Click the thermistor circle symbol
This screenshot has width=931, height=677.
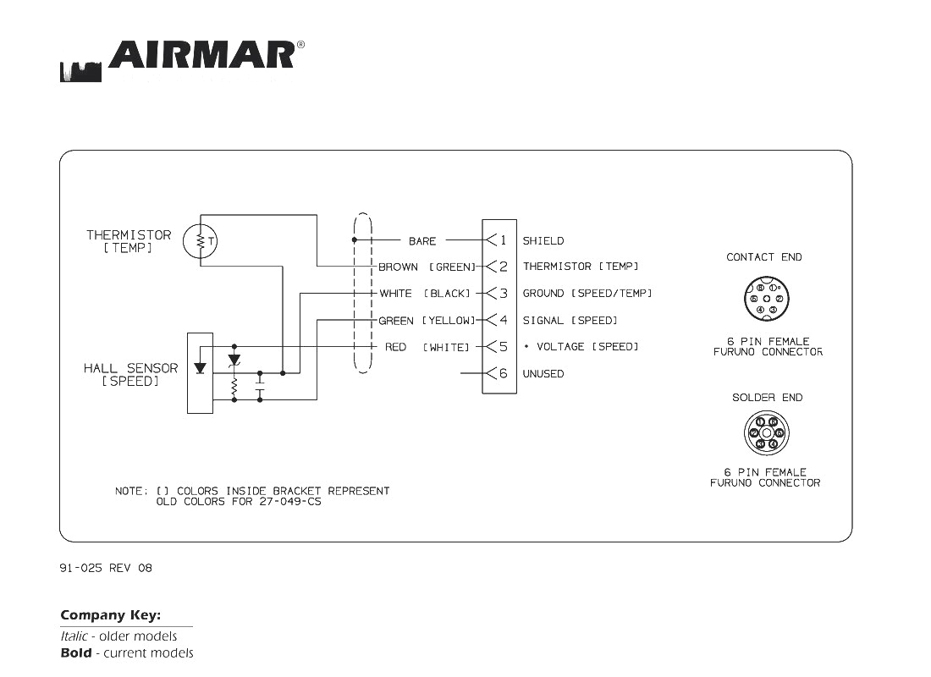click(x=201, y=241)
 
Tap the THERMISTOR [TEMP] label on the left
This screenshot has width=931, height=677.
click(x=129, y=241)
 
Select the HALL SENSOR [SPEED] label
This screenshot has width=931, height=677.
click(x=130, y=375)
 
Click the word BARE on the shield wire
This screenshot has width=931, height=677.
click(x=422, y=241)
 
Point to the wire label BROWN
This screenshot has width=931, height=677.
click(x=398, y=267)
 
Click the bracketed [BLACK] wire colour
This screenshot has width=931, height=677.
click(x=447, y=294)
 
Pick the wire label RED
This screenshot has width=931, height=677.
click(x=395, y=347)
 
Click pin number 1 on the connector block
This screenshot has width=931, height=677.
click(x=503, y=240)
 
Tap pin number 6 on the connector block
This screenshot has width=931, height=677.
click(x=503, y=373)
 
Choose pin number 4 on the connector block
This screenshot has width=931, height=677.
click(x=503, y=320)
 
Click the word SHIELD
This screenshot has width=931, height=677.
click(x=543, y=241)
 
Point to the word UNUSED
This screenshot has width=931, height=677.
click(x=543, y=374)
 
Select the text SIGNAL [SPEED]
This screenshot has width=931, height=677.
click(x=570, y=321)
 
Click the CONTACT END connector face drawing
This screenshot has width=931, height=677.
click(x=766, y=299)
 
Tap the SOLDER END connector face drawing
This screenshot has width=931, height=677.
click(x=767, y=433)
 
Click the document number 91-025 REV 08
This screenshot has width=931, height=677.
click(x=106, y=568)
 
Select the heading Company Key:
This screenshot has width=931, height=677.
click(x=111, y=615)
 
